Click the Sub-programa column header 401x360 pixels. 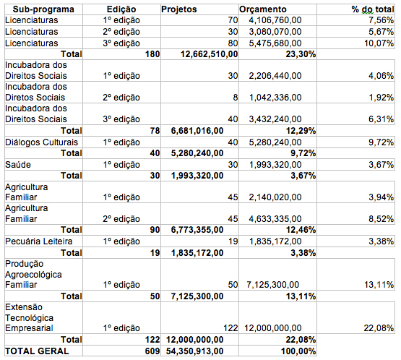[x=43, y=9]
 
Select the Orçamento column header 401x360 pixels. [x=263, y=9]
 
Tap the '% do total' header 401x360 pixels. [x=373, y=9]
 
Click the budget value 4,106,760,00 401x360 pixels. [x=275, y=20]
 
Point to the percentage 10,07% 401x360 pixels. [x=379, y=43]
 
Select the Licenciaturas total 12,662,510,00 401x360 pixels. [x=210, y=54]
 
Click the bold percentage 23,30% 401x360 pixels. [x=301, y=54]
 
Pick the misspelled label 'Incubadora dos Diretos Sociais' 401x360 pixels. [x=36, y=92]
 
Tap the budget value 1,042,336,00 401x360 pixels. [x=275, y=98]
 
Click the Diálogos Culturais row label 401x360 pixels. [x=41, y=142]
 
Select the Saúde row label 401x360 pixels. [x=18, y=165]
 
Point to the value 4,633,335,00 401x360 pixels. [x=275, y=219]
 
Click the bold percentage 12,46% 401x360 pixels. [x=301, y=230]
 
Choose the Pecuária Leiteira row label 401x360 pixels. [x=38, y=241]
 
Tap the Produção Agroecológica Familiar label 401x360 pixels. [x=33, y=274]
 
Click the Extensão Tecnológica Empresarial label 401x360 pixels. [x=29, y=317]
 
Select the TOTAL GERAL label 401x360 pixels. [x=37, y=351]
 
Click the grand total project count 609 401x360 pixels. [x=152, y=351]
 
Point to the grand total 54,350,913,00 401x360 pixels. [x=194, y=351]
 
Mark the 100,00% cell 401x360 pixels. [x=298, y=351]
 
